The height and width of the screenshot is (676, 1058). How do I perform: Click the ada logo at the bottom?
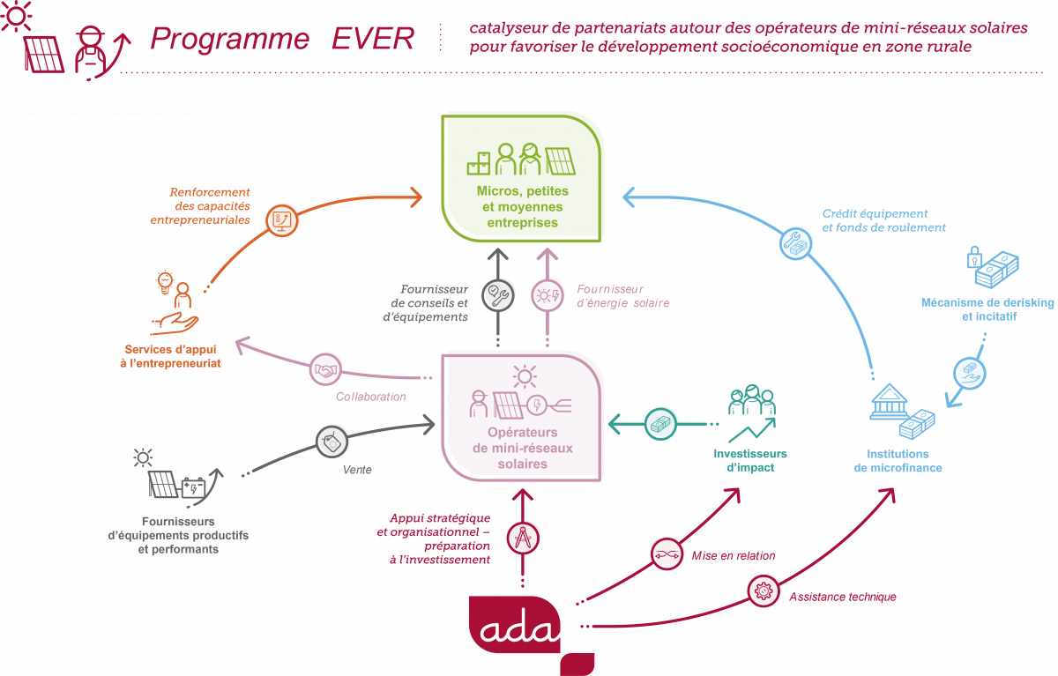point(516,628)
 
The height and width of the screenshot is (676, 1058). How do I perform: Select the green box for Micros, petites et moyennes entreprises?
point(523,176)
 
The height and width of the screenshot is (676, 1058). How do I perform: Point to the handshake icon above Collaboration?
point(325,369)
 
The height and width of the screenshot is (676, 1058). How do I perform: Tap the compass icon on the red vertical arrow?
point(523,537)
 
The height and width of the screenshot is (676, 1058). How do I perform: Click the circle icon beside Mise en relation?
point(666,553)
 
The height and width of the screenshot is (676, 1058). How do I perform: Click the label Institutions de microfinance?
point(898,461)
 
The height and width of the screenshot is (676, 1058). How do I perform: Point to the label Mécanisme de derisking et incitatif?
point(987,308)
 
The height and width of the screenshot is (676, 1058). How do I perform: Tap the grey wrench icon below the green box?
point(498,293)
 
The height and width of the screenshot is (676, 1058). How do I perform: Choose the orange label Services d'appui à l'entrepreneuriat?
point(173,356)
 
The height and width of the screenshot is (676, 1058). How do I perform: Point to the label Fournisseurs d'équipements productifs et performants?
point(177,535)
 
